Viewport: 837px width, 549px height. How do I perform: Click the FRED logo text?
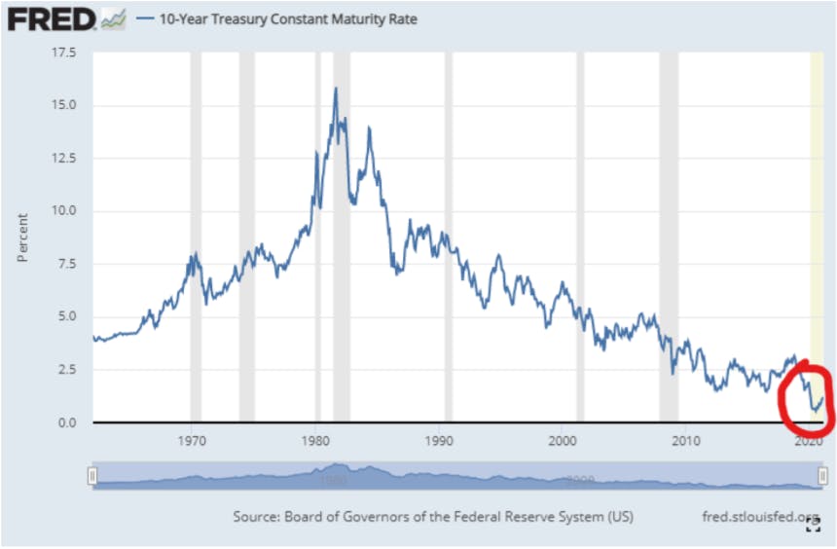click(x=52, y=19)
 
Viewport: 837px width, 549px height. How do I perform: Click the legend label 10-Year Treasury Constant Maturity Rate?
click(x=288, y=19)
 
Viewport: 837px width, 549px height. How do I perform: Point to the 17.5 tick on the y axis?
click(x=64, y=53)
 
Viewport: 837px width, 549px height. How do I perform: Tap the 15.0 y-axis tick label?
click(x=64, y=105)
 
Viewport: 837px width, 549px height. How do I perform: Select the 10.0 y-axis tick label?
click(x=64, y=210)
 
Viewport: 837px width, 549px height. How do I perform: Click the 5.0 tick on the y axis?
click(x=67, y=316)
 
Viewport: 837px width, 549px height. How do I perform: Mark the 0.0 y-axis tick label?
click(x=67, y=423)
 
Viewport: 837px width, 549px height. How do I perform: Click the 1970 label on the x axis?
click(x=192, y=441)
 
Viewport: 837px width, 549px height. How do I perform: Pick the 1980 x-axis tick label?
click(x=315, y=441)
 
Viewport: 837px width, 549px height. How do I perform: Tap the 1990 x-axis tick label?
click(x=439, y=441)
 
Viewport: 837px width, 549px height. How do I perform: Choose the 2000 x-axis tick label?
click(x=563, y=441)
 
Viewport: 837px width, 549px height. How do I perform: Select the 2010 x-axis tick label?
click(x=686, y=441)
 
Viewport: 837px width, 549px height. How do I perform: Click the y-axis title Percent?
click(x=21, y=238)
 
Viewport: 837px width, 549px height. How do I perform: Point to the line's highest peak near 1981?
click(x=336, y=89)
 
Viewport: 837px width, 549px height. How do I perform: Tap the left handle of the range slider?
click(x=92, y=475)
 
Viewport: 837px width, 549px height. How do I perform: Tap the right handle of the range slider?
click(x=822, y=475)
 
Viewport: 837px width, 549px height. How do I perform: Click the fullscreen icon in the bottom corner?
click(x=813, y=526)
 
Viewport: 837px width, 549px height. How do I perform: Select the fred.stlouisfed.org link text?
click(x=759, y=517)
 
